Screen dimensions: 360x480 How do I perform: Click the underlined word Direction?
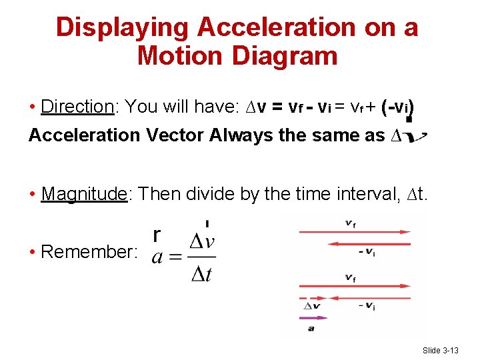tap(78, 107)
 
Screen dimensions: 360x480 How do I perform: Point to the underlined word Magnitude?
tap(83, 194)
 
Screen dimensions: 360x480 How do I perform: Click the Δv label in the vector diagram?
tap(312, 307)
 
